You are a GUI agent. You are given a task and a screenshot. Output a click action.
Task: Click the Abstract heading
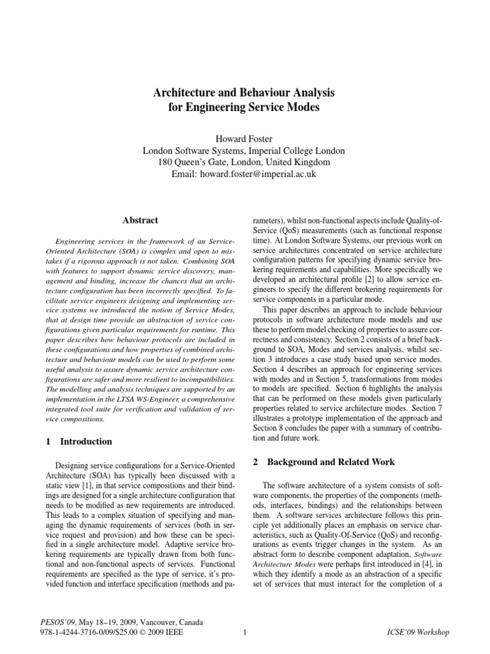click(x=140, y=220)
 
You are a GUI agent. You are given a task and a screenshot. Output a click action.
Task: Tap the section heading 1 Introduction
click(x=77, y=441)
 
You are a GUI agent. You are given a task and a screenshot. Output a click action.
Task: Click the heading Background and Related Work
click(x=330, y=462)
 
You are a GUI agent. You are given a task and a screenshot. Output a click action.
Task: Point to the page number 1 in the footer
click(x=245, y=632)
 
